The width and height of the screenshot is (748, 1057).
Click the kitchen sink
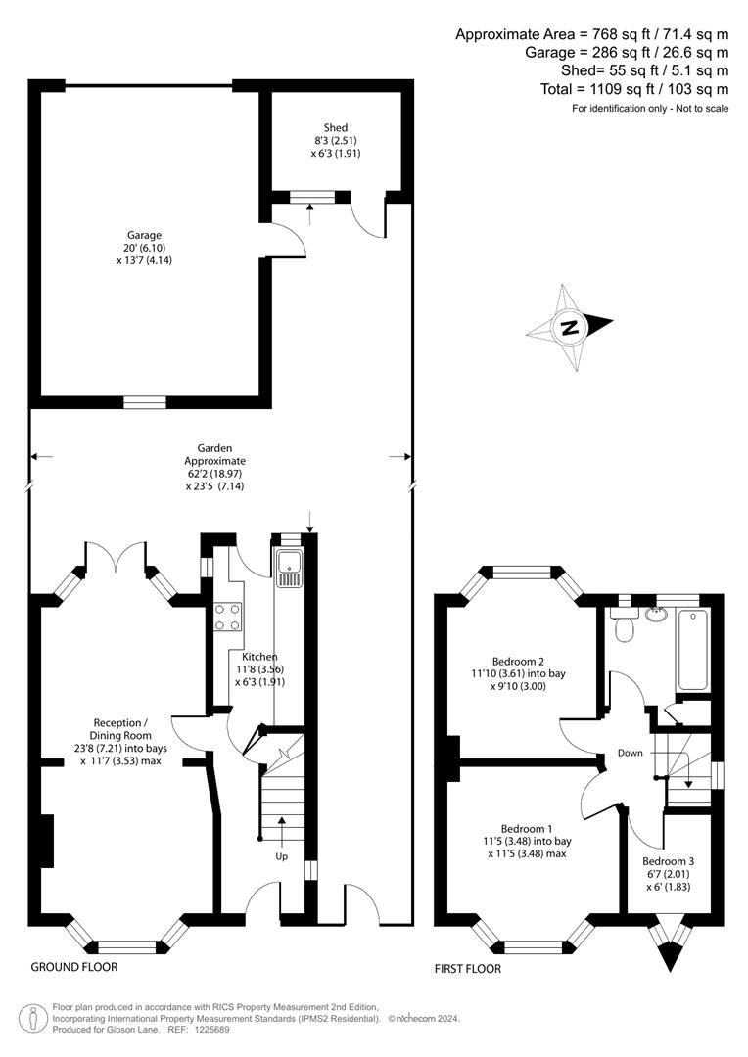(290, 569)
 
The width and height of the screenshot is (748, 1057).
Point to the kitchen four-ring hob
(228, 616)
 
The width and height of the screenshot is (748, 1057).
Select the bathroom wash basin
(656, 615)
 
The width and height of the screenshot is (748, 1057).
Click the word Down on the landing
(630, 753)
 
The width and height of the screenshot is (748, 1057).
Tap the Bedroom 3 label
(666, 858)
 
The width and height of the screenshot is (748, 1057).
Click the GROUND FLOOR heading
(74, 967)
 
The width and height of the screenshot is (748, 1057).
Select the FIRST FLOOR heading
(468, 969)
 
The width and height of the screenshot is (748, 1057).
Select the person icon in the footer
(35, 1018)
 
